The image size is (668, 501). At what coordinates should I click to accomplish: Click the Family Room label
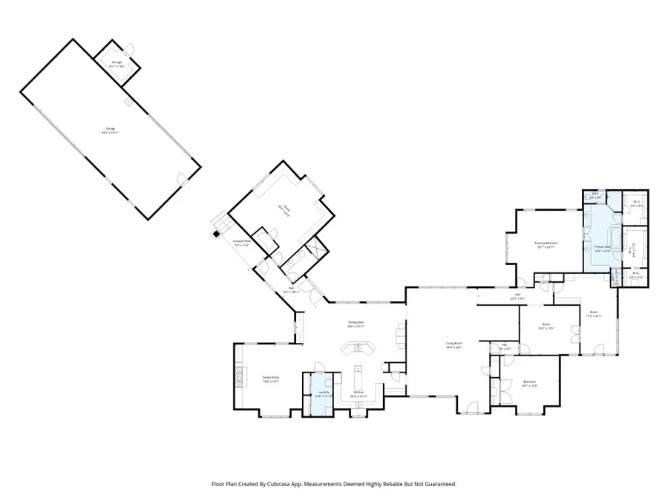click(x=270, y=379)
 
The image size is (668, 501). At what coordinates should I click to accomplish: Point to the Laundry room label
click(x=324, y=393)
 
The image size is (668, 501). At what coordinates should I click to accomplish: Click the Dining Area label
click(x=356, y=323)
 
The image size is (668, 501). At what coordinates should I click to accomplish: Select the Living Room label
click(x=454, y=344)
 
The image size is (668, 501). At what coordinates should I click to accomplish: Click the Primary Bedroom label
click(x=546, y=244)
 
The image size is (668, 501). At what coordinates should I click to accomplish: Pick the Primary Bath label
click(x=602, y=248)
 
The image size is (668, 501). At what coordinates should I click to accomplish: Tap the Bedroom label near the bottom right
click(x=529, y=383)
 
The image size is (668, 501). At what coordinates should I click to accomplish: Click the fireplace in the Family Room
click(x=238, y=377)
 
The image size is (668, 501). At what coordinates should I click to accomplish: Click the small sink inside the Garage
click(x=128, y=101)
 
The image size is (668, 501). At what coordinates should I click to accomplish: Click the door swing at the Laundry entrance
click(x=318, y=366)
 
